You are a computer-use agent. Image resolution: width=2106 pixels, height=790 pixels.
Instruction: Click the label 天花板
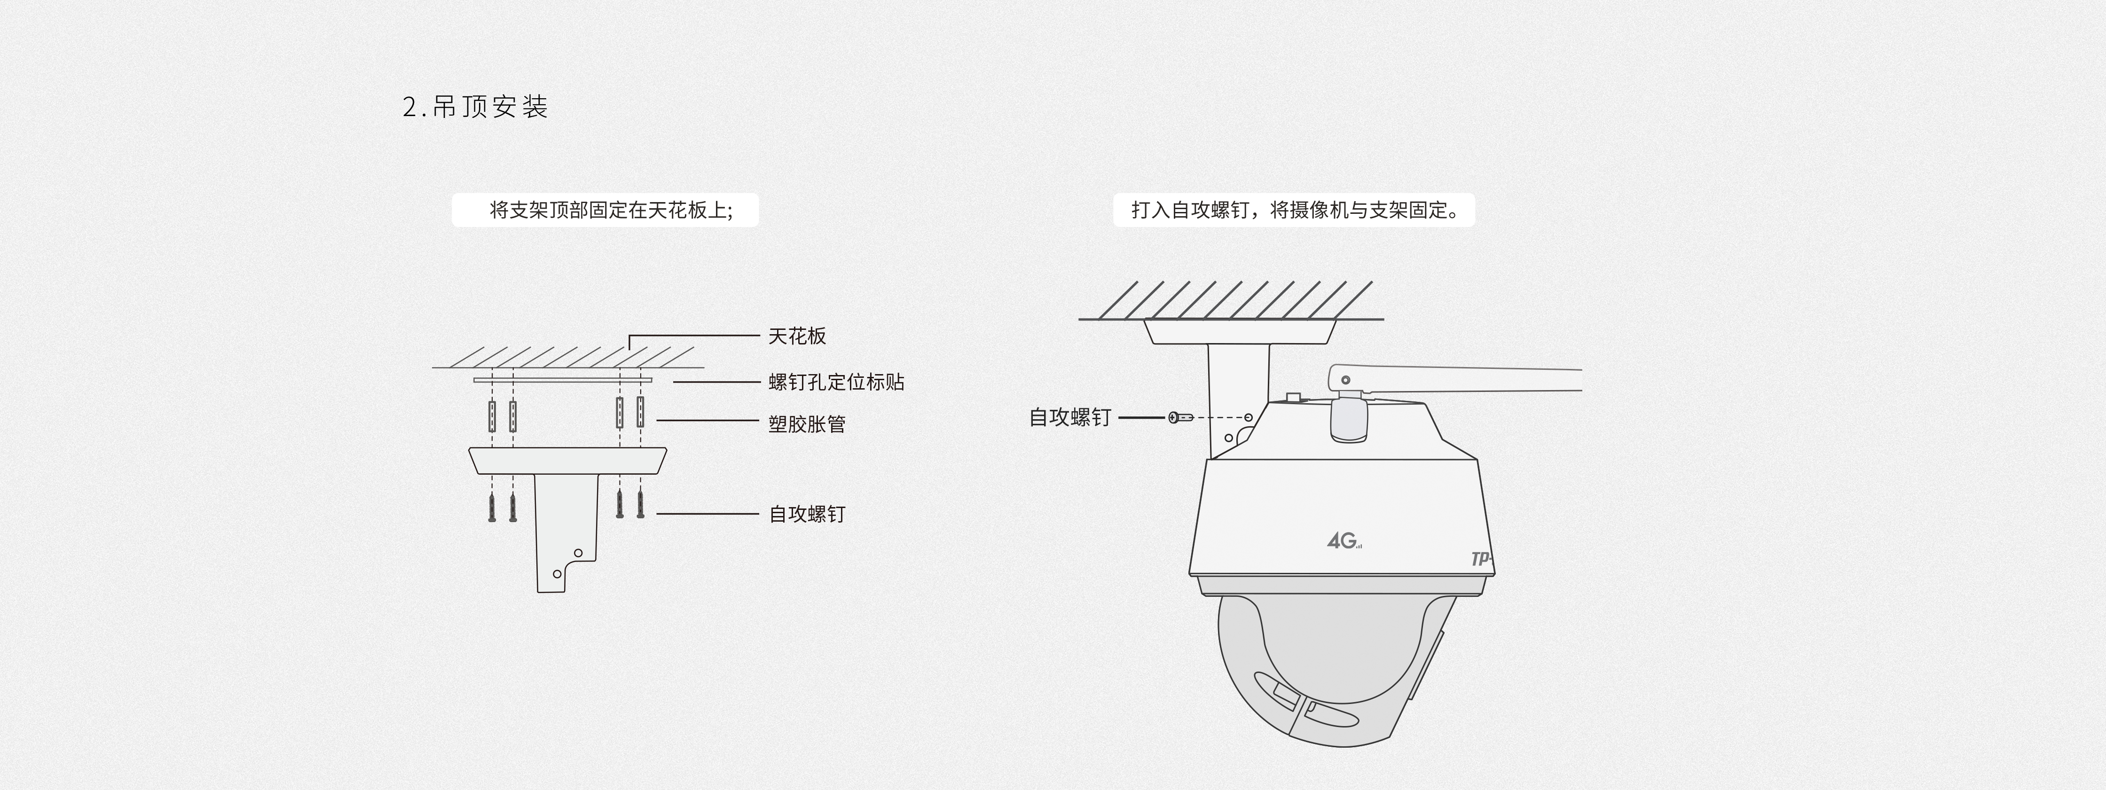coord(797,336)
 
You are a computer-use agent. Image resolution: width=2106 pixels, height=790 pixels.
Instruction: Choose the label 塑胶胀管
coord(807,424)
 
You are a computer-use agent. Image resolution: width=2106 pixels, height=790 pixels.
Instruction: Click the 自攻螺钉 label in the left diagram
coord(807,514)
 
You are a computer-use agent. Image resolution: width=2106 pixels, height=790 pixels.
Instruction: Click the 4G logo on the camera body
coord(1343,541)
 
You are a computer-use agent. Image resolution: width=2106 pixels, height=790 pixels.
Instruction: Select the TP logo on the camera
coord(1481,560)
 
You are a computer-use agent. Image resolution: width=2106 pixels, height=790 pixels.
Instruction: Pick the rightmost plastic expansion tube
coord(640,413)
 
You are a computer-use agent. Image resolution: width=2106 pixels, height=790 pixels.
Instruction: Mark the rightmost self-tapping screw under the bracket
coord(640,504)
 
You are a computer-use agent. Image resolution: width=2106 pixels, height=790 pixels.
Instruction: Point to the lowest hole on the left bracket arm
coord(558,573)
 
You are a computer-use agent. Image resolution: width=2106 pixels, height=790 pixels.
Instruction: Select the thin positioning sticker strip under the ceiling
coord(563,380)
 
